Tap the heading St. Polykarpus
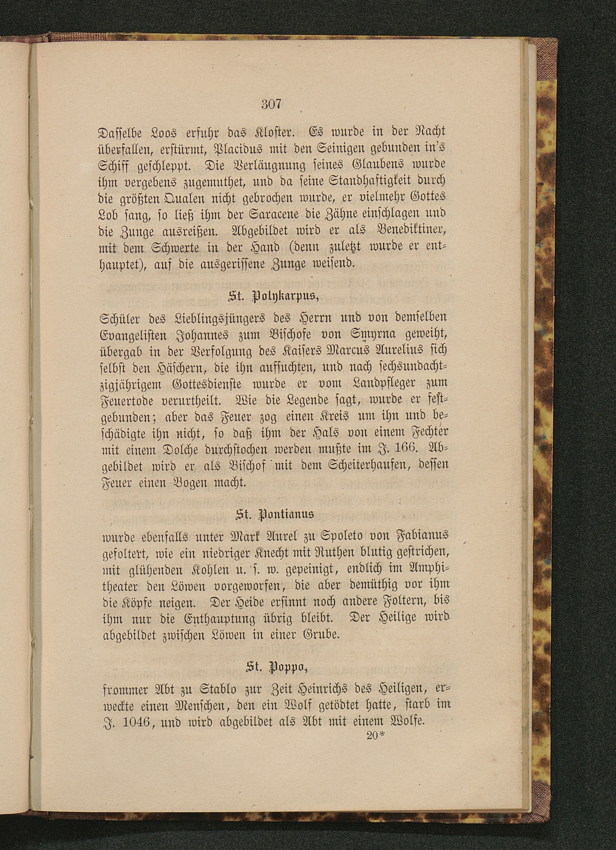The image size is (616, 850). click(x=273, y=299)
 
